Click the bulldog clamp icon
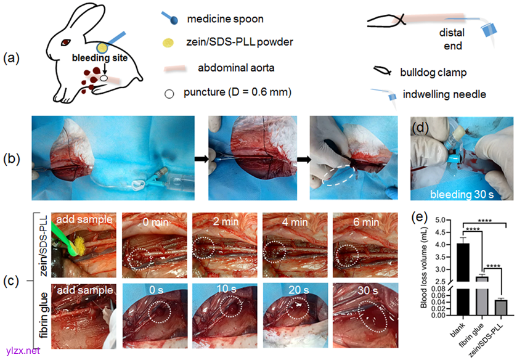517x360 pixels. pos(381,72)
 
